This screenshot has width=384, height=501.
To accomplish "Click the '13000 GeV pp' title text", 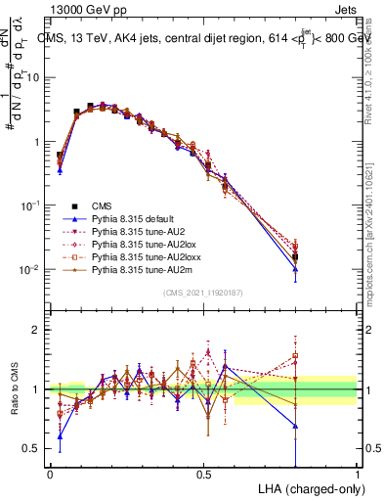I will pyautogui.click(x=83, y=9).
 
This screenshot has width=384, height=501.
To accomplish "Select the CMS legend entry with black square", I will pyautogui.click(x=102, y=205).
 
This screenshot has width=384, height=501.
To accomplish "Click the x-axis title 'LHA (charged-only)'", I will pyautogui.click(x=309, y=487).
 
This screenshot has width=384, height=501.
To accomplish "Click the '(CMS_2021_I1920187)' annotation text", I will pyautogui.click(x=203, y=292).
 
